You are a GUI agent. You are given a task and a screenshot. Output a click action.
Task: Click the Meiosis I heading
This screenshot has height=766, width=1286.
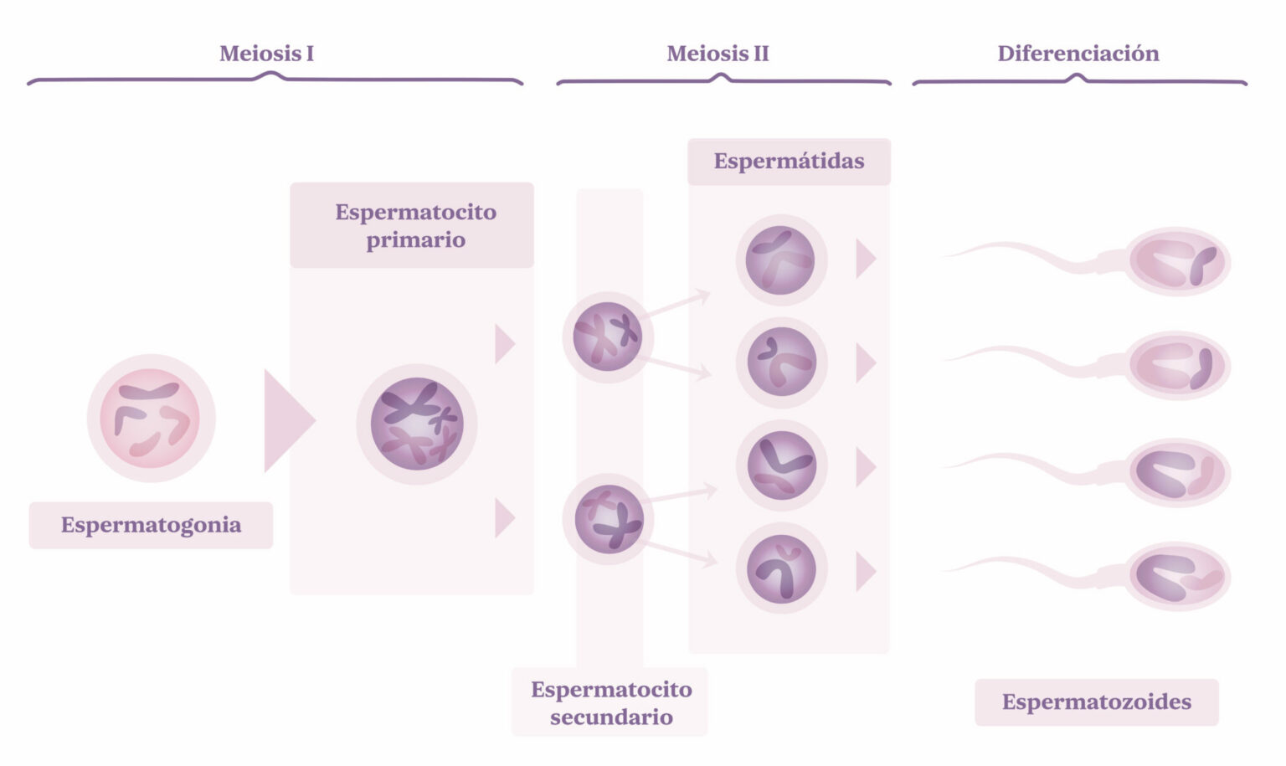[266, 54]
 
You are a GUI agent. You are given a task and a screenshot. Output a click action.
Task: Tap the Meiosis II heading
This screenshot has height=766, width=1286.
[718, 54]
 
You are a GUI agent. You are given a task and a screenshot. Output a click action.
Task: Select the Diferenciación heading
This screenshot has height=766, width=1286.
[1078, 54]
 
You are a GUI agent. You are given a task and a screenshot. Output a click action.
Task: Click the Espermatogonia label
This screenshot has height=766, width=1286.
[151, 525]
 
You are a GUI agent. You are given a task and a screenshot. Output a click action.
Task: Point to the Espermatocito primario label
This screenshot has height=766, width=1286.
[415, 225]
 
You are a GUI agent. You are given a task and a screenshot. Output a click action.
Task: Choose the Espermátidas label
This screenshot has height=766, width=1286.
[789, 161]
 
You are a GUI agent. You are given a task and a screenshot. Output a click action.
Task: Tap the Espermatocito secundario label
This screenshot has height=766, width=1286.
[611, 702]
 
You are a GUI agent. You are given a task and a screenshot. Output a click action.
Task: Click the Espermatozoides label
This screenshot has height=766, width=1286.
[1096, 702]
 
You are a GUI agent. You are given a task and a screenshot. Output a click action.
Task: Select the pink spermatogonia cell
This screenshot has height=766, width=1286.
[151, 418]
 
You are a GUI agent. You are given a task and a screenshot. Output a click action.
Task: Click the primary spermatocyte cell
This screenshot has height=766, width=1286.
[417, 424]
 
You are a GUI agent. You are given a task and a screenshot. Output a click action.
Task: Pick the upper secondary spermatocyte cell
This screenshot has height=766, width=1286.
[608, 337]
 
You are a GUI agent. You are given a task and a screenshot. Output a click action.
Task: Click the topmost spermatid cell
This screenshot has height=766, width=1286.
[780, 260]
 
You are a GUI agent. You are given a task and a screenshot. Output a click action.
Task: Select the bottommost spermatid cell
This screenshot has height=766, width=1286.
[781, 568]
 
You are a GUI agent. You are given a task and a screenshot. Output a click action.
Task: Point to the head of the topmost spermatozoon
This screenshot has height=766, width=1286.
[1175, 261]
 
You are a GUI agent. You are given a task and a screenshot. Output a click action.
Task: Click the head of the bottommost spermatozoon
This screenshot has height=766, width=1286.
[1175, 576]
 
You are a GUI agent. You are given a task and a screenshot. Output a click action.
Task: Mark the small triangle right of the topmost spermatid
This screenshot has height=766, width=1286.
[864, 259]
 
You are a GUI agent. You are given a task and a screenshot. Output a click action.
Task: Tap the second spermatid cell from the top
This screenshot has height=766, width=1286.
[781, 362]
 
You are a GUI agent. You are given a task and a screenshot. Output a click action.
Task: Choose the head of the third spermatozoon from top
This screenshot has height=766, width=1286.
[1175, 472]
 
